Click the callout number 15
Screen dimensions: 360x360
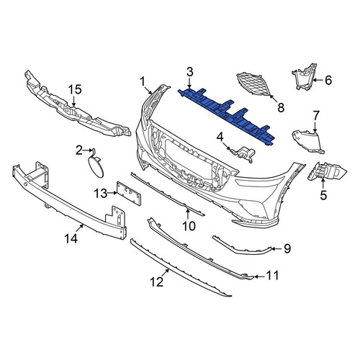[x=75, y=89]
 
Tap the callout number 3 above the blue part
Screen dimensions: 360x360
[x=190, y=72]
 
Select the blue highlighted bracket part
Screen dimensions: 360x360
[x=227, y=116]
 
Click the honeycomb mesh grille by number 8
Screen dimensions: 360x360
[x=253, y=84]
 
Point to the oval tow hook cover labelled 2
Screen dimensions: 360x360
[x=96, y=166]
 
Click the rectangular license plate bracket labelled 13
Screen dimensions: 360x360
[x=128, y=193]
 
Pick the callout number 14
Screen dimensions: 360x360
[x=71, y=238]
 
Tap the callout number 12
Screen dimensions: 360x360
[x=157, y=282]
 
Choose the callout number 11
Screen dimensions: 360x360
[x=273, y=276]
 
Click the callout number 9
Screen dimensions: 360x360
[x=287, y=248]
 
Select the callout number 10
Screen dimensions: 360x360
[x=189, y=226]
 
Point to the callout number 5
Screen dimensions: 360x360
[x=323, y=195]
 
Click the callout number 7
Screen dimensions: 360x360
[x=316, y=116]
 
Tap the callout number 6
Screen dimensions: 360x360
[x=328, y=80]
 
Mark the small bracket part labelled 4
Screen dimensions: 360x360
[x=242, y=154]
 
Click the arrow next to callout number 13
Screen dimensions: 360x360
[x=112, y=193]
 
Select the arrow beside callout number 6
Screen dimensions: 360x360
[x=318, y=80]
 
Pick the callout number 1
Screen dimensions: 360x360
[x=143, y=81]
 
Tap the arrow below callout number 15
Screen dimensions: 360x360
[x=74, y=101]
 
